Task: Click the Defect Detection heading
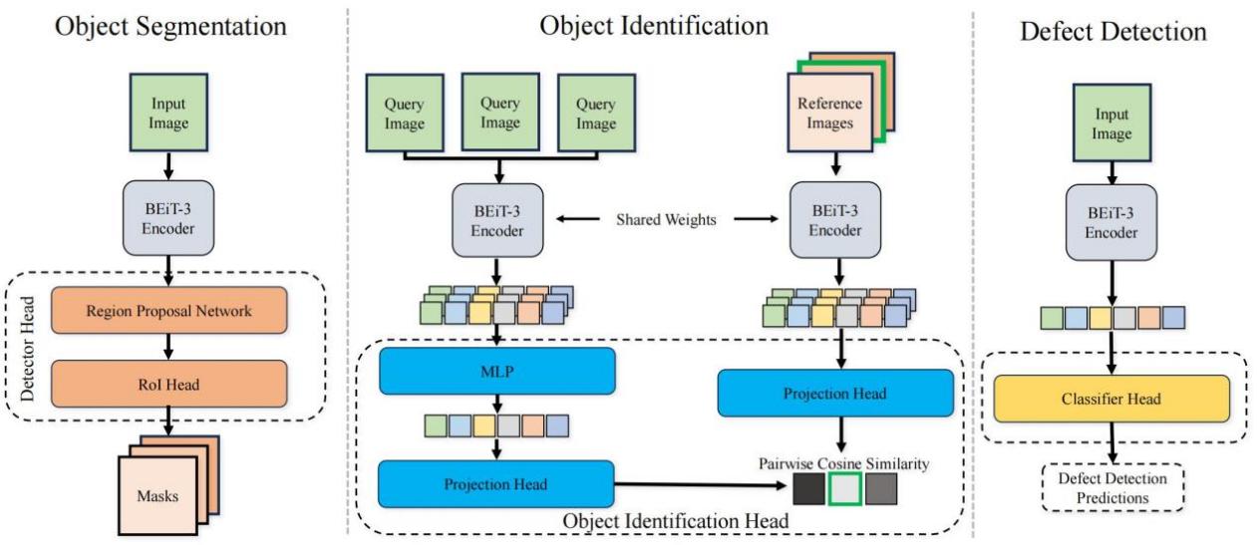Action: click(x=1112, y=33)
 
